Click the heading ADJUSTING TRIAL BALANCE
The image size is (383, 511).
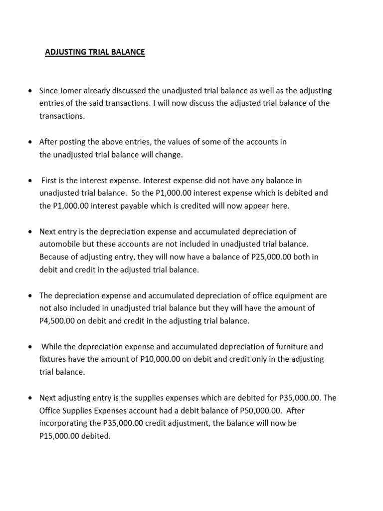95,52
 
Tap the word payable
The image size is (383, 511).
150,206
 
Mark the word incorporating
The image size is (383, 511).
62,423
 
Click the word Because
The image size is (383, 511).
54,257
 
